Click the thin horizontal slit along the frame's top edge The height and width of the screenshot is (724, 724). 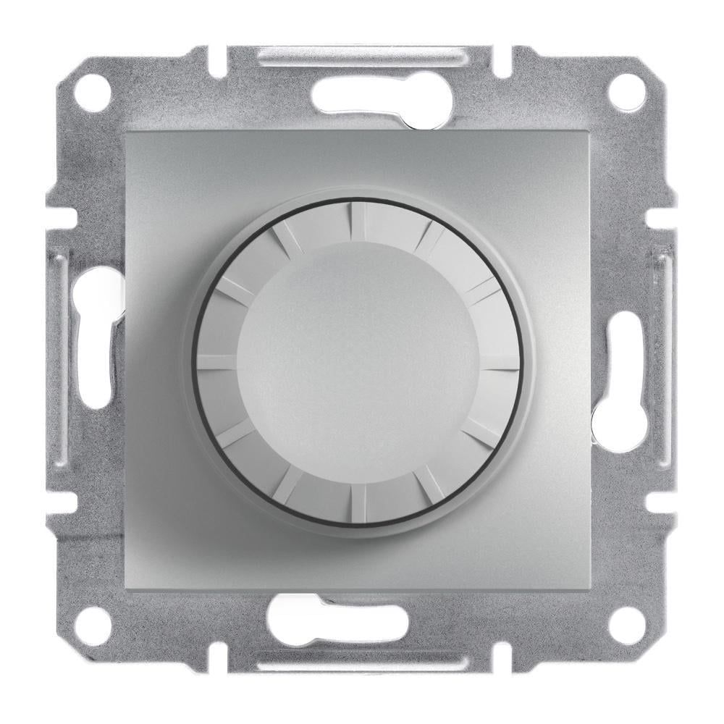[362, 55]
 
